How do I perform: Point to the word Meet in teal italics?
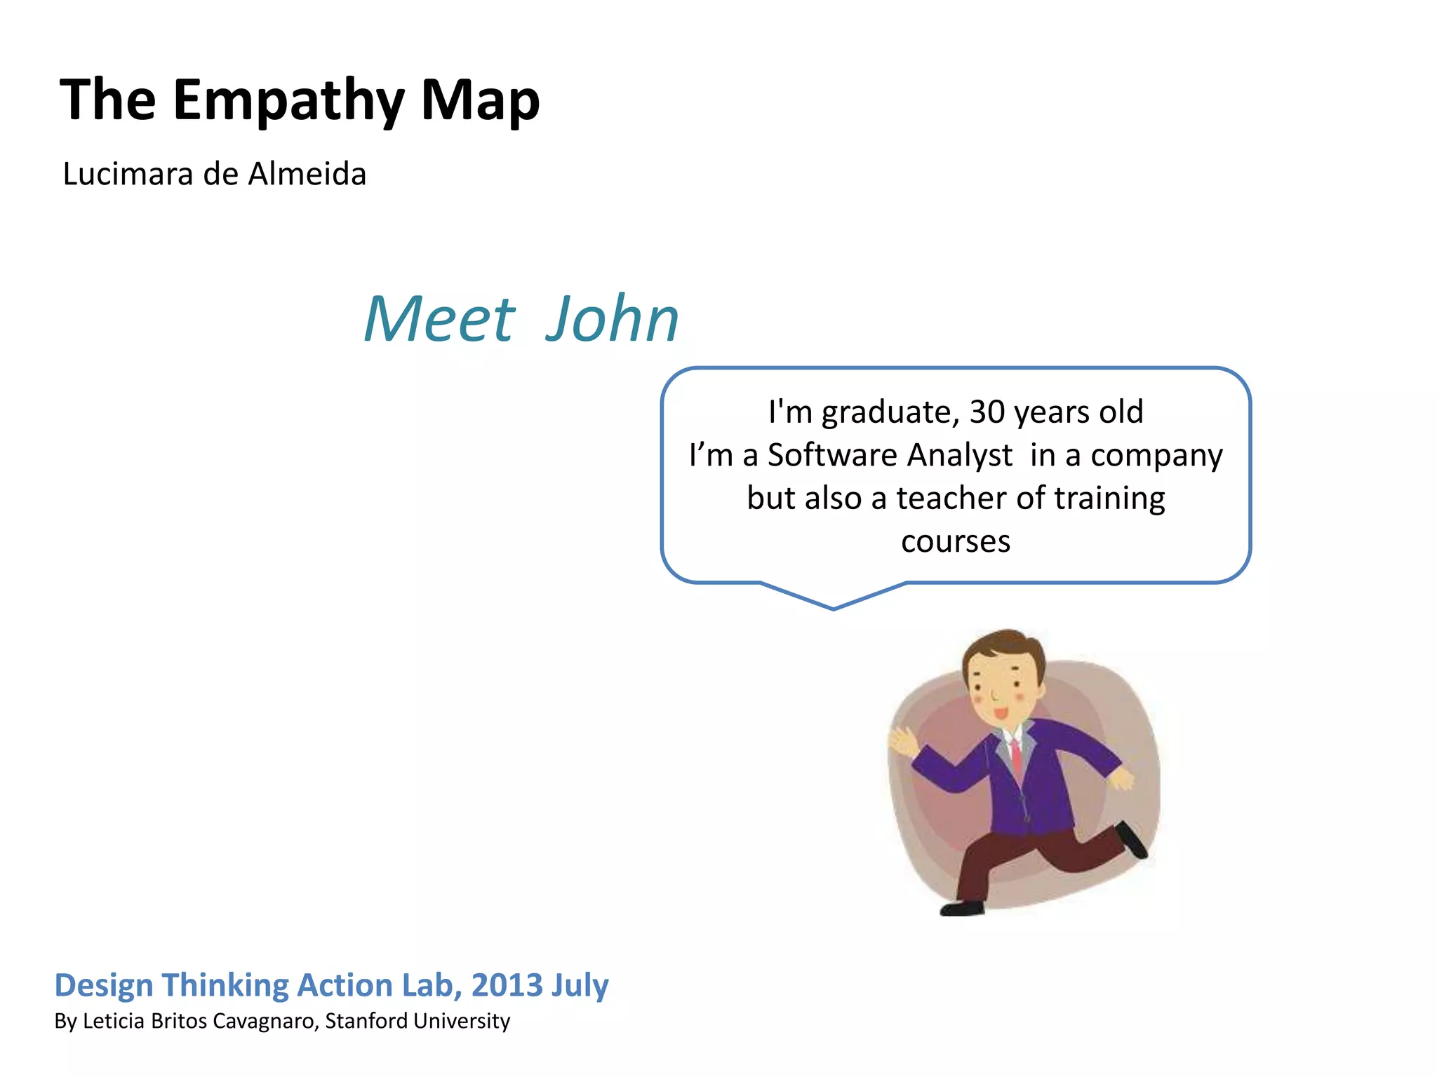point(440,320)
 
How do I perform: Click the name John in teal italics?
point(612,320)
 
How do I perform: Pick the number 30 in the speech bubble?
point(987,412)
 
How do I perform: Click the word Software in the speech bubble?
point(832,456)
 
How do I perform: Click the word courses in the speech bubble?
point(956,542)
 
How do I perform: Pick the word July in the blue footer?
point(580,985)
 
